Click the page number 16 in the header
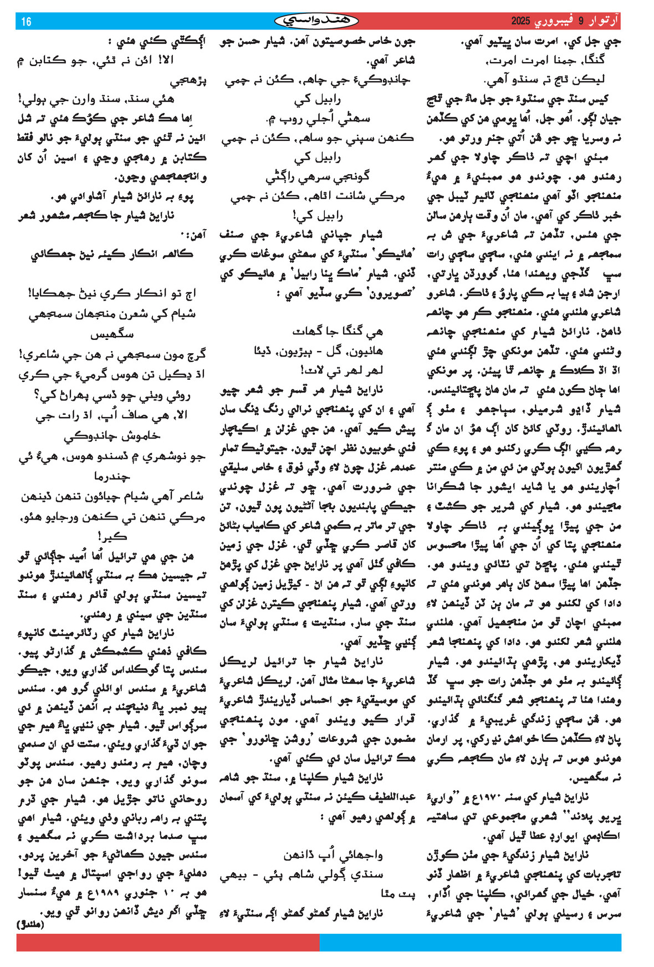(x=26, y=22)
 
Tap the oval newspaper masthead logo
(x=316, y=21)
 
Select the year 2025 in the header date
(x=521, y=22)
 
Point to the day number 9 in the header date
(x=581, y=22)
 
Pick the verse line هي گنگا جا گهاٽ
(x=338, y=331)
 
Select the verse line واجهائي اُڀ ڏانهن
(x=333, y=855)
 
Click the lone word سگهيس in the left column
(x=111, y=334)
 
